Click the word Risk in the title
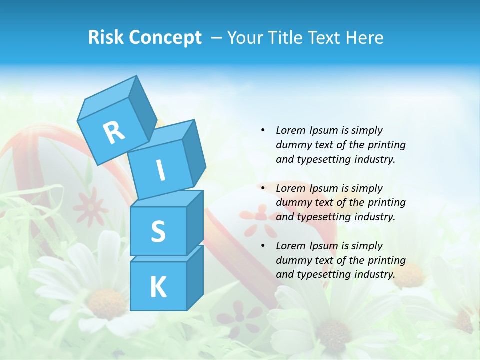pyautogui.click(x=106, y=38)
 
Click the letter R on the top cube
pyautogui.click(x=114, y=132)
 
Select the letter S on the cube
pyautogui.click(x=158, y=231)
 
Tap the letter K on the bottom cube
pyautogui.click(x=158, y=287)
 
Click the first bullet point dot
pyautogui.click(x=263, y=130)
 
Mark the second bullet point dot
pyautogui.click(x=263, y=188)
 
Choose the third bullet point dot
pyautogui.click(x=263, y=246)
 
